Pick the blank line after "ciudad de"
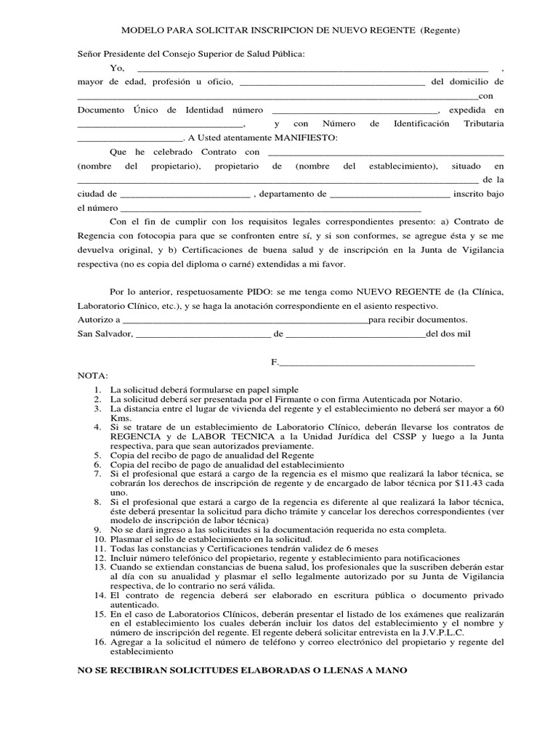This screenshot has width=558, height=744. click(x=185, y=195)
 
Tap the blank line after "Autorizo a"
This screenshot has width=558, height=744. click(x=246, y=320)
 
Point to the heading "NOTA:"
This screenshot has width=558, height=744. click(x=92, y=376)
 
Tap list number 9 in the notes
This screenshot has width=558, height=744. click(x=97, y=530)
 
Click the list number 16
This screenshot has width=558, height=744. click(x=98, y=642)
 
